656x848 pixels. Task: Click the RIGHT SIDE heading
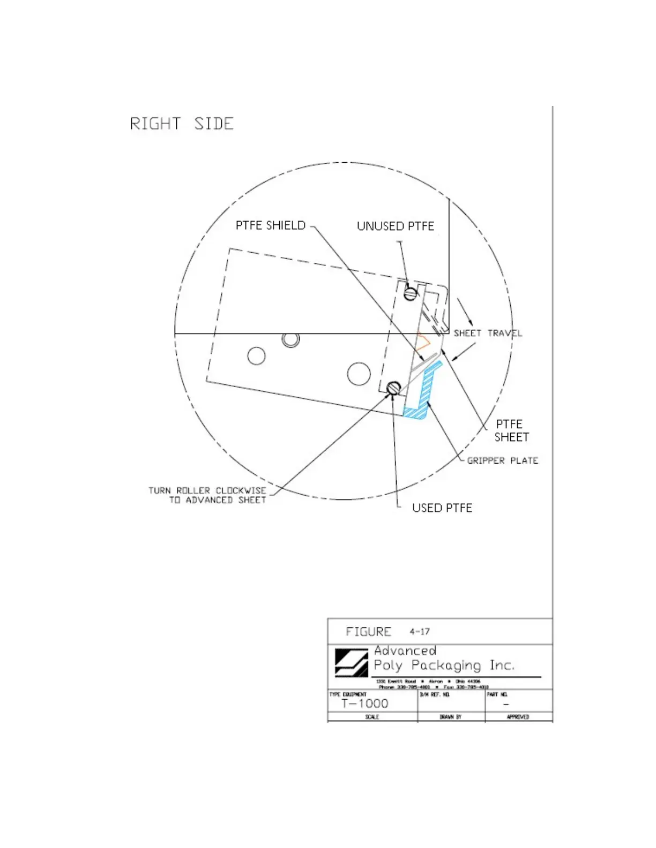click(182, 124)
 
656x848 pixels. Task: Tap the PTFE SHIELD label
click(271, 225)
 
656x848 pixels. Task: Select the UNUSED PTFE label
click(396, 226)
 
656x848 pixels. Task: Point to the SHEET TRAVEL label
click(488, 333)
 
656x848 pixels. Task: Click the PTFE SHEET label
click(511, 431)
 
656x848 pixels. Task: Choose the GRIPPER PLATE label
click(502, 460)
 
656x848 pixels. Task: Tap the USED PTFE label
click(442, 508)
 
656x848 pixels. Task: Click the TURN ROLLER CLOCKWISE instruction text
click(208, 495)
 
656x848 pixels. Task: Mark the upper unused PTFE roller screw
click(411, 293)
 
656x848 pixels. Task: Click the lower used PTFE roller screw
click(394, 388)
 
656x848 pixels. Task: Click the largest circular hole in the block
click(359, 374)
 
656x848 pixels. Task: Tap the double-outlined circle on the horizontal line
click(290, 339)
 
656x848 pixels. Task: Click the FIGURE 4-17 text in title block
click(387, 632)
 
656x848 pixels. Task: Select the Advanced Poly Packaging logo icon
click(351, 663)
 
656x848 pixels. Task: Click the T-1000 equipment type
click(364, 703)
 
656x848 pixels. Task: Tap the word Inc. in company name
click(502, 665)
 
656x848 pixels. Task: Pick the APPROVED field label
click(518, 717)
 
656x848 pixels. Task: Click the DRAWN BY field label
click(450, 717)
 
